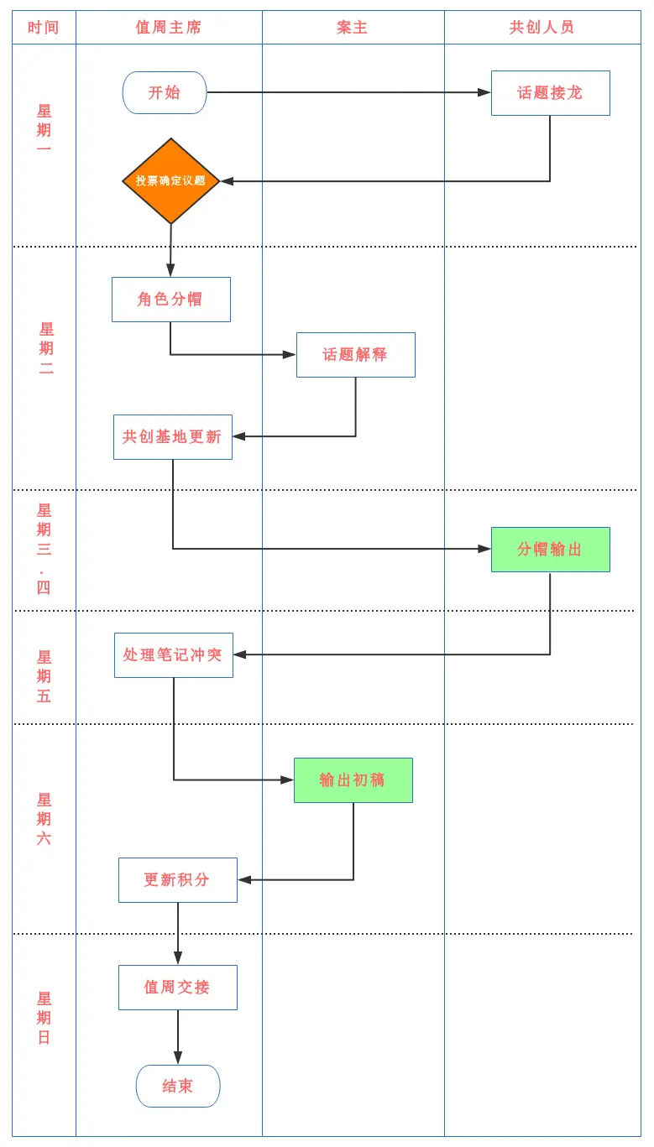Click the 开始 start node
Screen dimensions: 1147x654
coord(165,92)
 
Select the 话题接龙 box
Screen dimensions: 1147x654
coord(550,92)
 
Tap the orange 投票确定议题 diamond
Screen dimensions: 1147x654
coord(171,181)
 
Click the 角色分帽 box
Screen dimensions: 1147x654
coord(170,300)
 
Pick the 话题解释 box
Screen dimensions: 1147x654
coord(355,355)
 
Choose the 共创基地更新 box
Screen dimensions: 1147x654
coord(172,437)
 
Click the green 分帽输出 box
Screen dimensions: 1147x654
coord(550,550)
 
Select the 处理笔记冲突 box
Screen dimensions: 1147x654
coord(173,655)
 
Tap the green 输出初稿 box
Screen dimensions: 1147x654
coord(353,780)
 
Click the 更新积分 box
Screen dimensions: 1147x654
coord(177,880)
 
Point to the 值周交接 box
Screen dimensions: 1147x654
coord(177,988)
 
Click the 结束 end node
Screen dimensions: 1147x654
coord(178,1087)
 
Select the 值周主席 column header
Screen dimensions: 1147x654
coord(169,28)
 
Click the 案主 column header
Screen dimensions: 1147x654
coord(353,28)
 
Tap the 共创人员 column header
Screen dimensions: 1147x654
coord(542,28)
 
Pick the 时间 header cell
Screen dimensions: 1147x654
coord(44,28)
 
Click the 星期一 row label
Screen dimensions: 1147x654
coord(44,130)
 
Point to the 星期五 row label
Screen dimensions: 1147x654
coord(44,676)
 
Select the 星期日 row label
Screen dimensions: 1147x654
coord(44,1018)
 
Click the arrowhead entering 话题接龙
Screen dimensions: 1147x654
coord(484,92)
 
